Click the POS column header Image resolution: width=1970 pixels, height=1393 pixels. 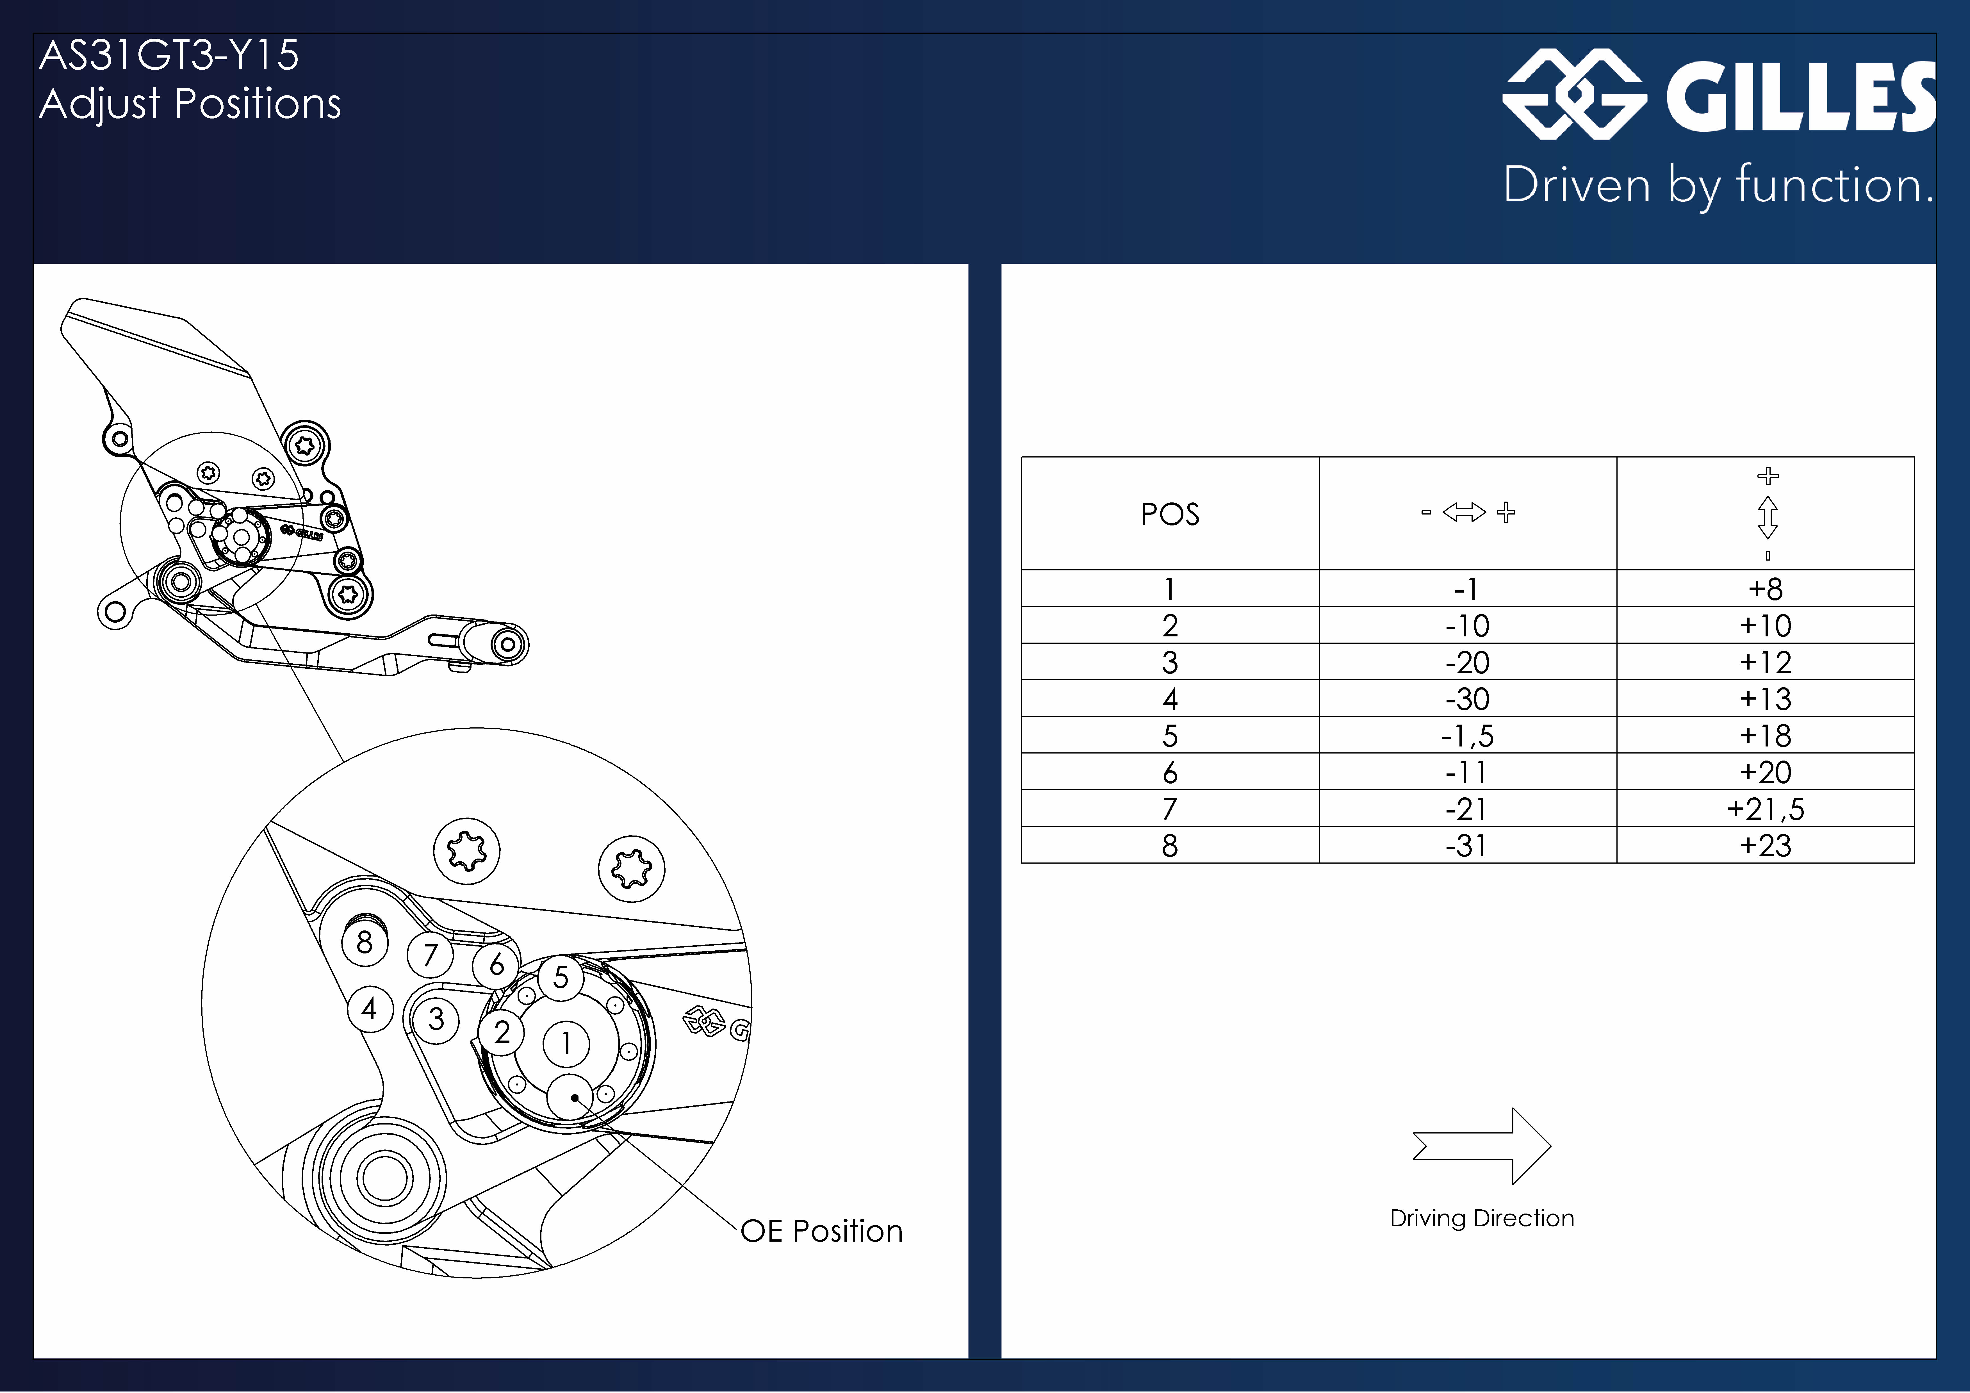tap(1169, 514)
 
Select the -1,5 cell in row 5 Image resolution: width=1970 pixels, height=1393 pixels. tap(1467, 736)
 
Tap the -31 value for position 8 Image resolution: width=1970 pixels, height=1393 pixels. tap(1467, 845)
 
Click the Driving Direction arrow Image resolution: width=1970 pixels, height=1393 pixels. tap(1482, 1146)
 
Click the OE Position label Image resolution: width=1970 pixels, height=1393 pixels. tap(821, 1231)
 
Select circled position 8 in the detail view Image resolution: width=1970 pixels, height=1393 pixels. tap(365, 943)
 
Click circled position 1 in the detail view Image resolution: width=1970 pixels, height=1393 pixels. tap(566, 1044)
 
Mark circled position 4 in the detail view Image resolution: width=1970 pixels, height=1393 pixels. tap(370, 1009)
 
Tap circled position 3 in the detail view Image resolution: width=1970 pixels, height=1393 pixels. tap(437, 1020)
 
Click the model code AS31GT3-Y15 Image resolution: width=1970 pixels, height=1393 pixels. tap(169, 55)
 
